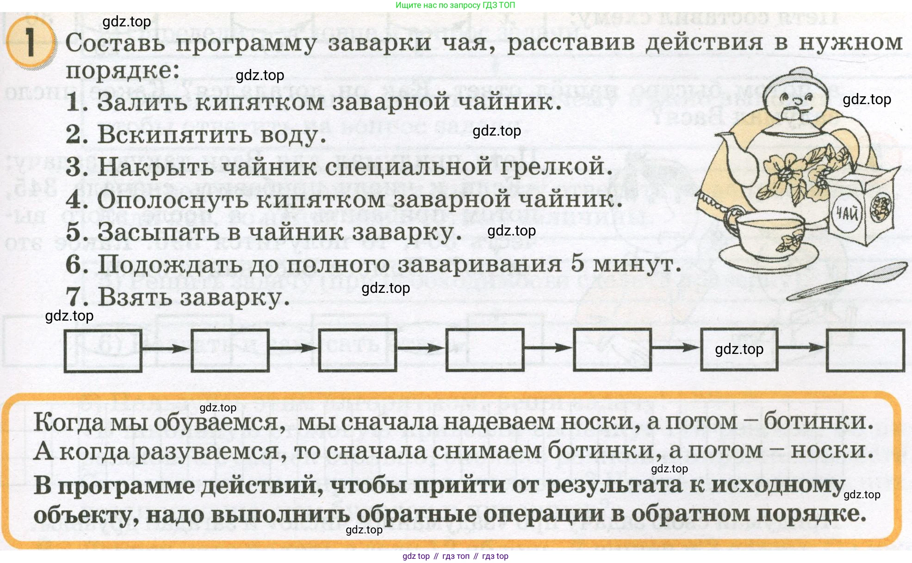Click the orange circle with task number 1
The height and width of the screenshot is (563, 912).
pos(31,42)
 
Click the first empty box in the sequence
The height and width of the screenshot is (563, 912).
pos(103,351)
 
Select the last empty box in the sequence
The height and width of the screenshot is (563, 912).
pos(865,350)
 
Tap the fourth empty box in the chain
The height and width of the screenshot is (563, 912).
pos(485,350)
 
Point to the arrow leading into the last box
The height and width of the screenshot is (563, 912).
pos(802,347)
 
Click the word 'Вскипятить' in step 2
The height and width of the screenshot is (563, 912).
pos(175,135)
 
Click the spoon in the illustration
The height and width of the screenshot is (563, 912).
pos(847,281)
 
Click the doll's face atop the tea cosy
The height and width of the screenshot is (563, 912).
pos(796,99)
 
